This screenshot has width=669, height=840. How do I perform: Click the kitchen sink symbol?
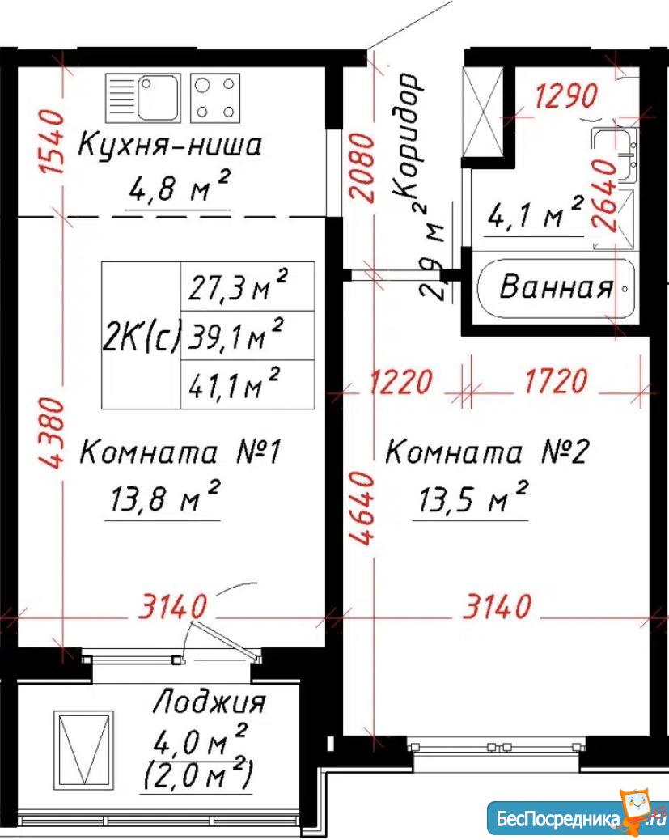pyautogui.click(x=142, y=98)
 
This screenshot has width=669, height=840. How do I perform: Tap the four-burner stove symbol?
pyautogui.click(x=215, y=98)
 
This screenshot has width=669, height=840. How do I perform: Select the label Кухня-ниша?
pyautogui.click(x=170, y=145)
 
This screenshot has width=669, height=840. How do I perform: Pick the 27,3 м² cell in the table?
pyautogui.click(x=248, y=286)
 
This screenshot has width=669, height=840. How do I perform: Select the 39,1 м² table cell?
pyautogui.click(x=248, y=335)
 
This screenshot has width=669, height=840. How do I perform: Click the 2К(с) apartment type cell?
pyautogui.click(x=142, y=335)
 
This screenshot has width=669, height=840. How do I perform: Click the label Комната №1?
pyautogui.click(x=180, y=452)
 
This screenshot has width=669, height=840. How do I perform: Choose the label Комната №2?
pyautogui.click(x=486, y=452)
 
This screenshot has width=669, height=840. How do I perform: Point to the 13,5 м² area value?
pyautogui.click(x=472, y=498)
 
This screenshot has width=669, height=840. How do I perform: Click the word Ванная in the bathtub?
pyautogui.click(x=556, y=286)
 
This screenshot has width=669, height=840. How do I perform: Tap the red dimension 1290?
pyautogui.click(x=566, y=95)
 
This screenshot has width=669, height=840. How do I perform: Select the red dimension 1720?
pyautogui.click(x=556, y=381)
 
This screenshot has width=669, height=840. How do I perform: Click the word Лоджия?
pyautogui.click(x=209, y=702)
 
